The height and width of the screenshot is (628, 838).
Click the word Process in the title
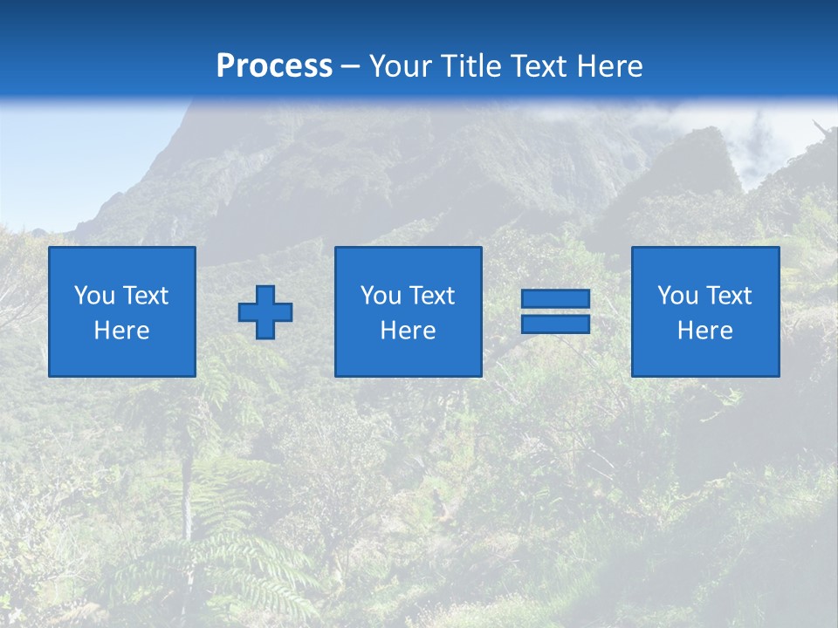coord(274,66)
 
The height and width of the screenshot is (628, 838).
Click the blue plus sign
coord(265,311)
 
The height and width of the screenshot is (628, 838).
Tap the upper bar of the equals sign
coord(555,299)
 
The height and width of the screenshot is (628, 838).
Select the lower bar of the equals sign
coord(555,324)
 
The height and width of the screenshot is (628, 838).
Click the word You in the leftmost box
coord(94,296)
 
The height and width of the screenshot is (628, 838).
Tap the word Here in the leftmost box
coord(122,331)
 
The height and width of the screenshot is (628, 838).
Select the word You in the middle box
coord(381,296)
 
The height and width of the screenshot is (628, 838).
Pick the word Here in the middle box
coord(408,331)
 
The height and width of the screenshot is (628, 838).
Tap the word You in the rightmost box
coord(677,296)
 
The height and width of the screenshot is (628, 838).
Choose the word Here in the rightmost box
coord(705,331)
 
